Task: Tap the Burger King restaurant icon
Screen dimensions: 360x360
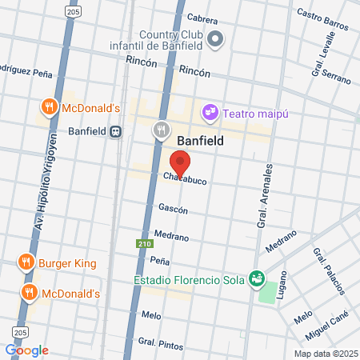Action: [x=26, y=262]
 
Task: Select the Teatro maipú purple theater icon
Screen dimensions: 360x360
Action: [x=210, y=112]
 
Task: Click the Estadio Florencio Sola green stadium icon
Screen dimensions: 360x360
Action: [x=257, y=279]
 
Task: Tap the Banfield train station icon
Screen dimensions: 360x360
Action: [x=117, y=131]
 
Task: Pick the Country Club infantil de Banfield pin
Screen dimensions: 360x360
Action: [x=215, y=38]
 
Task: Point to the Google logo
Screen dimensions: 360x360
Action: [x=26, y=350]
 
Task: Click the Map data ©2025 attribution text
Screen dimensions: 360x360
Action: [x=324, y=354]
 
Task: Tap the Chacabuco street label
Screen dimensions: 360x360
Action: [x=186, y=181]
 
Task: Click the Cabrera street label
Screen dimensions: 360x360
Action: [x=202, y=17]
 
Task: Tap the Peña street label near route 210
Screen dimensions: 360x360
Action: [x=160, y=261]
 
